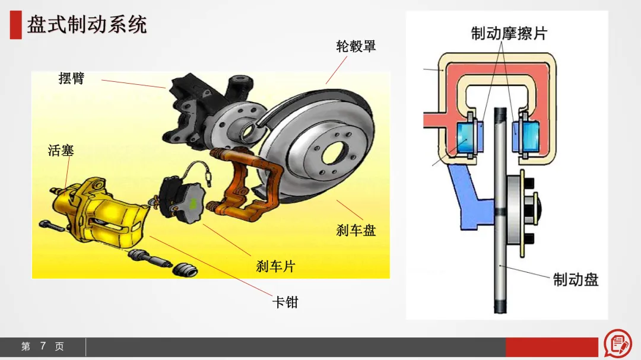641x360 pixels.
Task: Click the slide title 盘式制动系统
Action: [87, 25]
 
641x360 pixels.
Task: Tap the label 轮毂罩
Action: [356, 46]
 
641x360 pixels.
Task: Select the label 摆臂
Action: [72, 78]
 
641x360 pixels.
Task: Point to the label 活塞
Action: [61, 150]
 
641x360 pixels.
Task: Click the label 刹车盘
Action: [356, 230]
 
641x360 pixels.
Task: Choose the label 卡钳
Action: [285, 302]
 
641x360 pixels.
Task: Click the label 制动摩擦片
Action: [509, 33]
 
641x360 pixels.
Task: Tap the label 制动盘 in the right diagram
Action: [576, 279]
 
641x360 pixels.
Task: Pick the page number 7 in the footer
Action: [43, 346]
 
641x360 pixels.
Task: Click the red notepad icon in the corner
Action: [618, 343]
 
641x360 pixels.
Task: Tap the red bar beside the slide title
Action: [15, 26]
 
